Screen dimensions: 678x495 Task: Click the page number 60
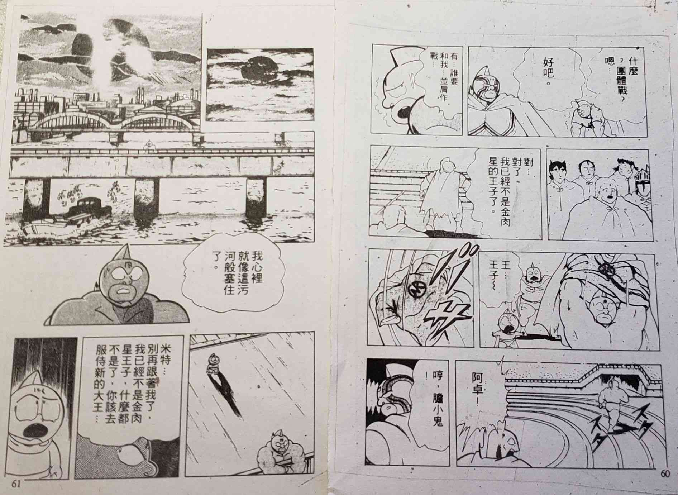click(x=664, y=473)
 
